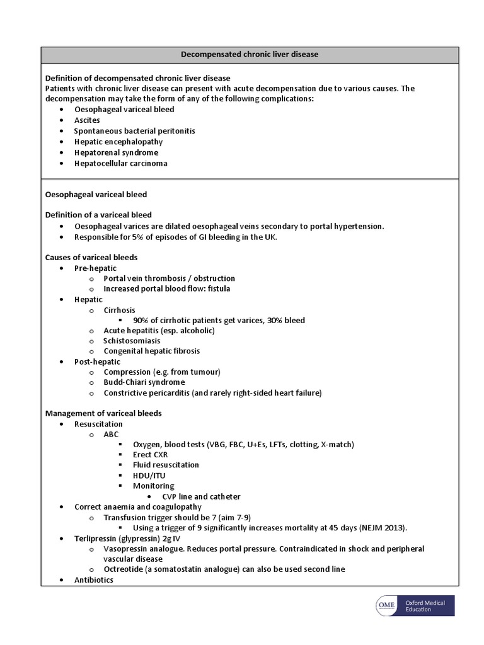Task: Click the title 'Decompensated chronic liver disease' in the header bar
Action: click(250, 54)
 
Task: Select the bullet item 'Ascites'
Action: click(87, 120)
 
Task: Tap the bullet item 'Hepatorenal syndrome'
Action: click(116, 152)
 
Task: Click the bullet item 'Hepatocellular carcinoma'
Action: click(120, 163)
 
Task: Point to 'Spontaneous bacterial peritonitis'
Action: click(134, 131)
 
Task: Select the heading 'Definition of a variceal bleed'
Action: click(98, 215)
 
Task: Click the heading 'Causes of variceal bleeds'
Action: click(91, 257)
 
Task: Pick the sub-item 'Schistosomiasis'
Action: click(132, 341)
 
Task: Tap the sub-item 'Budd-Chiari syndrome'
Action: click(144, 382)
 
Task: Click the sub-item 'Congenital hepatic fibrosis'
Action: click(152, 351)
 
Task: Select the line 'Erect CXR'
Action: click(151, 454)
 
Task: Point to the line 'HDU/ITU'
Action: click(149, 476)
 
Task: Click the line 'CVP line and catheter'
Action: click(201, 496)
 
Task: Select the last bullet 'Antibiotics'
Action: click(94, 579)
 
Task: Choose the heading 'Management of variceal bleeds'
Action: click(103, 413)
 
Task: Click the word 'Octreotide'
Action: click(122, 569)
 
